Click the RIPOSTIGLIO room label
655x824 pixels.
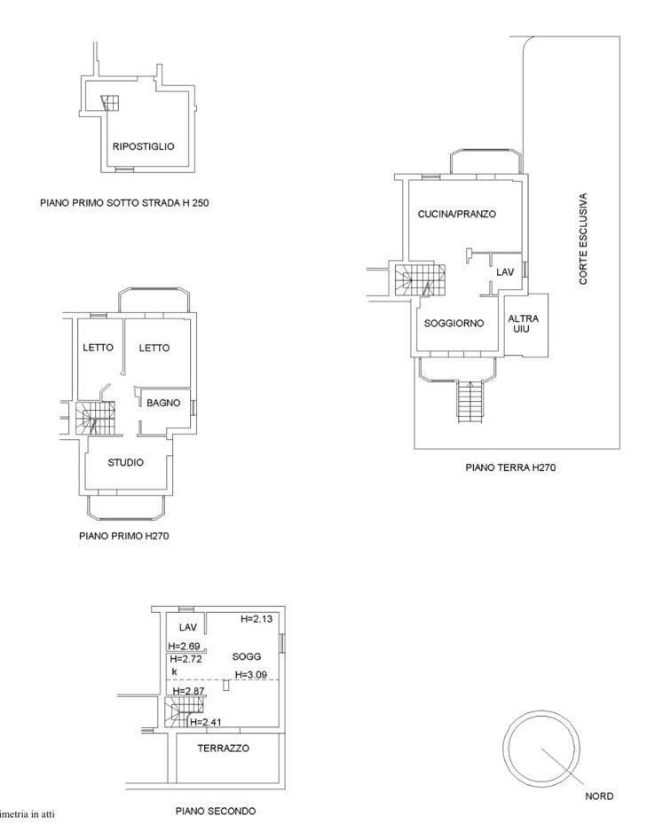(x=143, y=146)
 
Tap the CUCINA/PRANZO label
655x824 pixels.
(x=457, y=214)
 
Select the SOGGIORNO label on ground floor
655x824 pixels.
(x=454, y=323)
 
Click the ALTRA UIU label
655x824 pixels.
(x=523, y=324)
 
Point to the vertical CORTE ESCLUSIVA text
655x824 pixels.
(x=583, y=239)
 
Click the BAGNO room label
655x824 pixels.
(x=163, y=403)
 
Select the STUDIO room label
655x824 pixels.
(x=126, y=462)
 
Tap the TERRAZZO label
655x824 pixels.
(x=224, y=748)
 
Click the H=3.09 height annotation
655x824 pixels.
(x=252, y=675)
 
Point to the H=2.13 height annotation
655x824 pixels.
(x=256, y=619)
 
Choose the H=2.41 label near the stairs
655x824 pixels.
(x=206, y=722)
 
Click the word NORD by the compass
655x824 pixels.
(x=599, y=797)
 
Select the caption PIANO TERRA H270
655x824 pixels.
(x=510, y=467)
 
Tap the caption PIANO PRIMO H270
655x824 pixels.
(x=124, y=537)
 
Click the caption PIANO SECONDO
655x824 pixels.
(x=216, y=812)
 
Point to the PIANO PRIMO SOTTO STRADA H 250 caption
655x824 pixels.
(x=124, y=203)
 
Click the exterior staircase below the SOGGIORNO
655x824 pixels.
(x=470, y=402)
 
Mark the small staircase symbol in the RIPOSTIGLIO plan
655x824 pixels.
(x=111, y=103)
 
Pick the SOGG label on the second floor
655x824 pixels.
(x=247, y=656)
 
